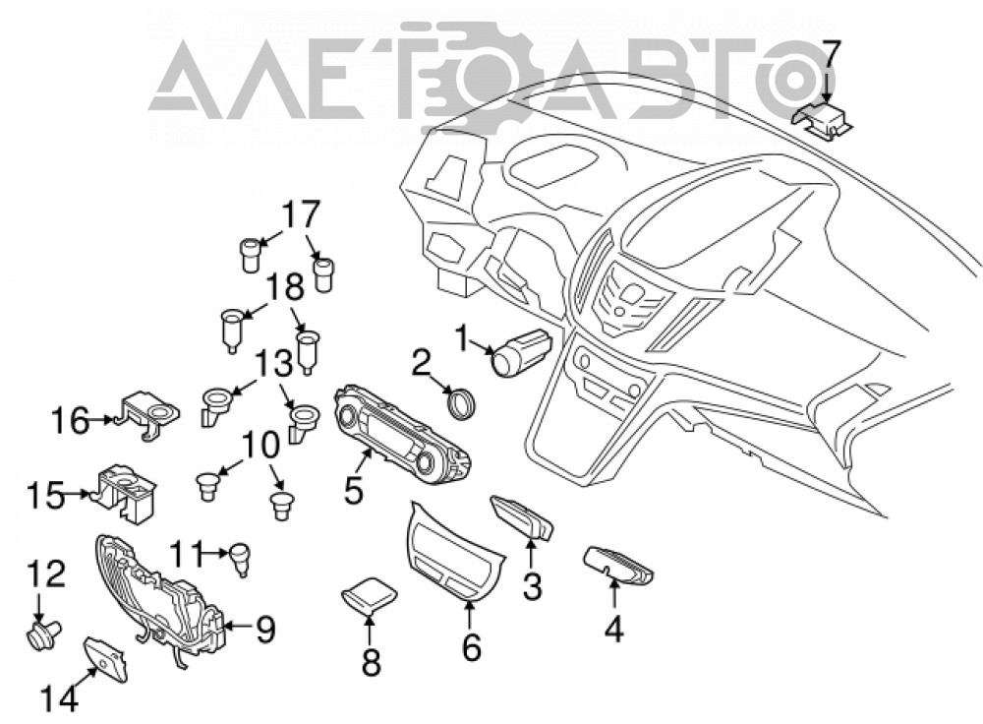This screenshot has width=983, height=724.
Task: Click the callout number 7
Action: tap(830, 54)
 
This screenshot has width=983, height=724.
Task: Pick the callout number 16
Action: tap(70, 420)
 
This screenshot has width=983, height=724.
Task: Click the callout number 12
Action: tap(46, 574)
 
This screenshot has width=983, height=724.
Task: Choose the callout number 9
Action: tap(265, 630)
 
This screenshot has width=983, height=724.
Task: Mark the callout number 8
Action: tap(372, 662)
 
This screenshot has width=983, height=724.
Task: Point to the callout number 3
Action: tap(532, 587)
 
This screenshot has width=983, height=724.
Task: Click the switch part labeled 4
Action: tap(618, 564)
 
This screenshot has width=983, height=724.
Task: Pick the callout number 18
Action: tap(285, 288)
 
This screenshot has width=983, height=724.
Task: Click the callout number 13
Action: tap(274, 364)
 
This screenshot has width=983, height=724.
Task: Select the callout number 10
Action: tap(260, 445)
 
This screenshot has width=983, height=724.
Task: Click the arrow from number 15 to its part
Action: tap(79, 495)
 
